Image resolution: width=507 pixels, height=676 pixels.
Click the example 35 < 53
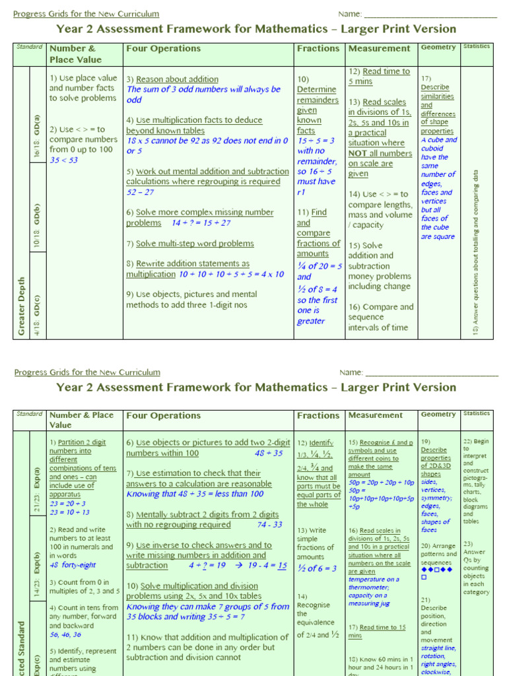(x=63, y=160)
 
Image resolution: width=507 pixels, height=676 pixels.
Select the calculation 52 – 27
(x=140, y=192)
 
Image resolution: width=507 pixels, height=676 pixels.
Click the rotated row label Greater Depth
(x=21, y=305)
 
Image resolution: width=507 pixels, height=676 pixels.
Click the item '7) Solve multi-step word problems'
(x=190, y=244)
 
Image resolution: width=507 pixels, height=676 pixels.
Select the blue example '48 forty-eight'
(x=73, y=565)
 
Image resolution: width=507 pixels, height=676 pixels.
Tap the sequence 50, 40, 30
(x=65, y=634)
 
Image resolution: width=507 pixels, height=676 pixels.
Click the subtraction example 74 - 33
(x=269, y=525)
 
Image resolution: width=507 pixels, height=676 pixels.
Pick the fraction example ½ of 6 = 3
(x=317, y=568)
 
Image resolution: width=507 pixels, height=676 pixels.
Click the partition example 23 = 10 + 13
(x=69, y=512)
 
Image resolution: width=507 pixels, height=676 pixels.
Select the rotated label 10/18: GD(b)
(x=36, y=222)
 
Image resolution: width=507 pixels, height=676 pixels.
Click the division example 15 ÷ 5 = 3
(x=316, y=141)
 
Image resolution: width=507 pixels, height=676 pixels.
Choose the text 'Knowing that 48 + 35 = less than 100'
(x=195, y=494)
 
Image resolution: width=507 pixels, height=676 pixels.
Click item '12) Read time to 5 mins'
(x=379, y=77)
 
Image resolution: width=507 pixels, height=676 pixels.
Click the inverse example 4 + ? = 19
(x=208, y=566)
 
